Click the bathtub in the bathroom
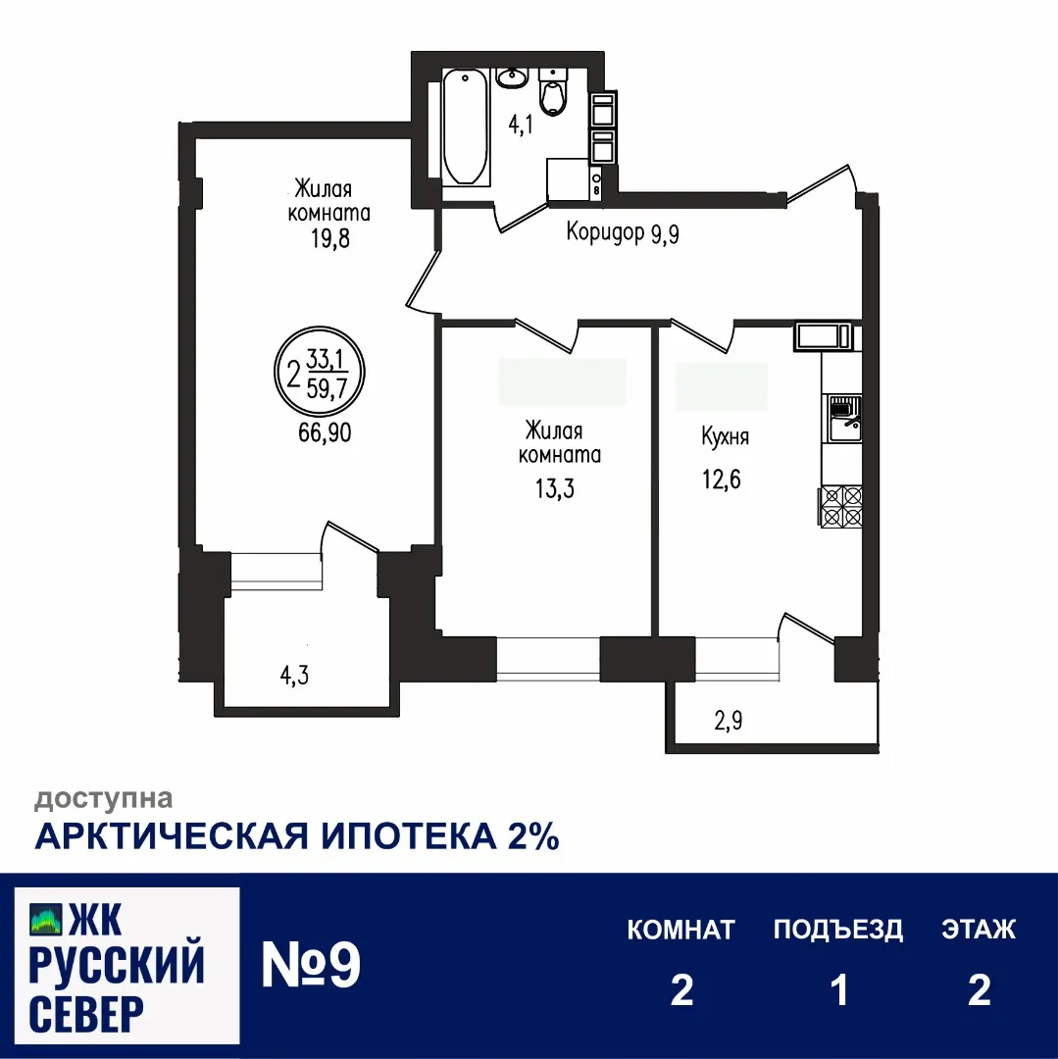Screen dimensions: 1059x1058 click(466, 126)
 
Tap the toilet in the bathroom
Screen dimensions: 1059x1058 click(555, 92)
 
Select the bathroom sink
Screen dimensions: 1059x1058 click(512, 76)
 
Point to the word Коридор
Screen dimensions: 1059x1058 click(604, 232)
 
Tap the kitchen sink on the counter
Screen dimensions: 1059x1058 click(843, 418)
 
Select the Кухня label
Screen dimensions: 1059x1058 click(725, 436)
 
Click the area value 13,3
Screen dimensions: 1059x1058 click(555, 487)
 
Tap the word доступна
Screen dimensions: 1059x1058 click(104, 799)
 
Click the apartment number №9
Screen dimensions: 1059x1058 click(312, 966)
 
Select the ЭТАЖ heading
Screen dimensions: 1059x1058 click(979, 929)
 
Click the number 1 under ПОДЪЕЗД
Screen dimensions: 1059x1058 click(838, 990)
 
